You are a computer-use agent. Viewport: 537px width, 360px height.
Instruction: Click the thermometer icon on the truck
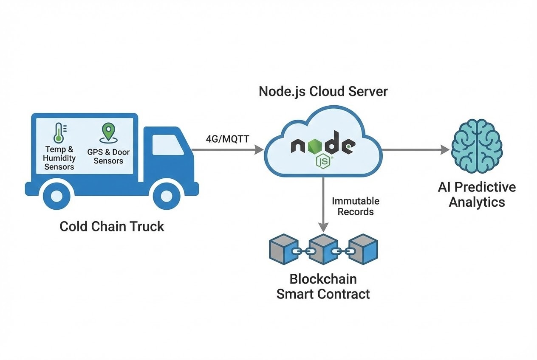coord(59,133)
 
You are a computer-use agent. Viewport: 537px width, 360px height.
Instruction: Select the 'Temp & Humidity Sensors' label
coord(59,158)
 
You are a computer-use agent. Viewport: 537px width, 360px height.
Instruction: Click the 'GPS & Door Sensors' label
coord(108,156)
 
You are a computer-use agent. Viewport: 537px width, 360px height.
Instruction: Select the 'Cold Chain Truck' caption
coord(112,226)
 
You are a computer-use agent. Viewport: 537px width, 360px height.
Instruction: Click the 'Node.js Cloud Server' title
coord(323,91)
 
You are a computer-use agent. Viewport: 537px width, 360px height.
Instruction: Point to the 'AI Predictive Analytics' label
coord(477,194)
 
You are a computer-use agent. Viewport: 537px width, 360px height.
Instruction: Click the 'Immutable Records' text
coord(356,206)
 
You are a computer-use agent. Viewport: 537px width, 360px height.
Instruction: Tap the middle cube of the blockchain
coord(323,250)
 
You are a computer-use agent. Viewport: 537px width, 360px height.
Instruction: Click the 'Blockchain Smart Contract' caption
coord(323,286)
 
